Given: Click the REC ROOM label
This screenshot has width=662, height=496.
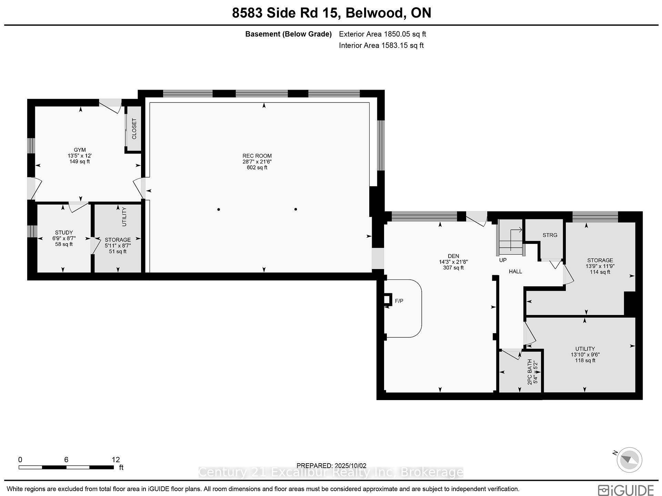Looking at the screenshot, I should (x=257, y=156).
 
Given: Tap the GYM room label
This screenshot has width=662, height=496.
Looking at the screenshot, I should (x=80, y=150).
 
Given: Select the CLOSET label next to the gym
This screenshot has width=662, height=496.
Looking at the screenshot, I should (x=134, y=129).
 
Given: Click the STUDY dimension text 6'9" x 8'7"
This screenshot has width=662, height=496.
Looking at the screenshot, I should (x=64, y=238).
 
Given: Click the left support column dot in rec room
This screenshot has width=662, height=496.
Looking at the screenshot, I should (x=219, y=209).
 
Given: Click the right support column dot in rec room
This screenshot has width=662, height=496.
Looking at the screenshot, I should (x=295, y=209).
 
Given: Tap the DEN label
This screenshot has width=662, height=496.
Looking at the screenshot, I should (x=453, y=256).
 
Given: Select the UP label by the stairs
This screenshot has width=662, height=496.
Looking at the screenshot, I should (x=503, y=260).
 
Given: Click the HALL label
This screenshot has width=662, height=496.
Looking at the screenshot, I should (x=515, y=271).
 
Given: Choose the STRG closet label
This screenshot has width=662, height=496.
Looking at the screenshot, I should (x=550, y=235).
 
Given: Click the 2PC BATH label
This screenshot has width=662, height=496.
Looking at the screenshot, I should (x=530, y=372).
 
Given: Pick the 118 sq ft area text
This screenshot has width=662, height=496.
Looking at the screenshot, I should (x=585, y=360).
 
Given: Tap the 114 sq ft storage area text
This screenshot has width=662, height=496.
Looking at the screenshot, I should (x=600, y=272).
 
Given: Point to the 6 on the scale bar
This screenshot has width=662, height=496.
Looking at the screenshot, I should (x=66, y=459).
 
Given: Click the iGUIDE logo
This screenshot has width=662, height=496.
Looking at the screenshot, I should (x=625, y=490).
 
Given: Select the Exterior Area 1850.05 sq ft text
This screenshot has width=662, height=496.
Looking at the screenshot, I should (x=382, y=34).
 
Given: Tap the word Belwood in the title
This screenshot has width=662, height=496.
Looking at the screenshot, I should (x=374, y=13).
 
